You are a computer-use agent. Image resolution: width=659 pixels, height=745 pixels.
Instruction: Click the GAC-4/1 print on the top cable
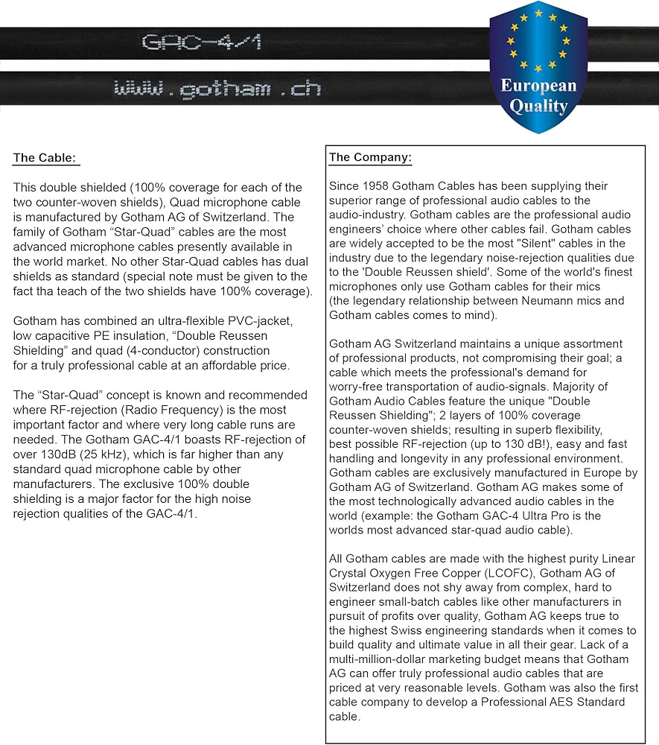coord(201,42)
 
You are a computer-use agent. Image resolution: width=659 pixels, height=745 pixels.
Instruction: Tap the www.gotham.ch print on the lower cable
coord(217,89)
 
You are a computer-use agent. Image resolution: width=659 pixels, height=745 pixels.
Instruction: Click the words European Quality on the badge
coord(538,95)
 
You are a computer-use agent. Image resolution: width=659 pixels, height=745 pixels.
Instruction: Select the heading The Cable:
coord(46,158)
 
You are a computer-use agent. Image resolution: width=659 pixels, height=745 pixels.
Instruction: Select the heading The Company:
coord(370,157)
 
